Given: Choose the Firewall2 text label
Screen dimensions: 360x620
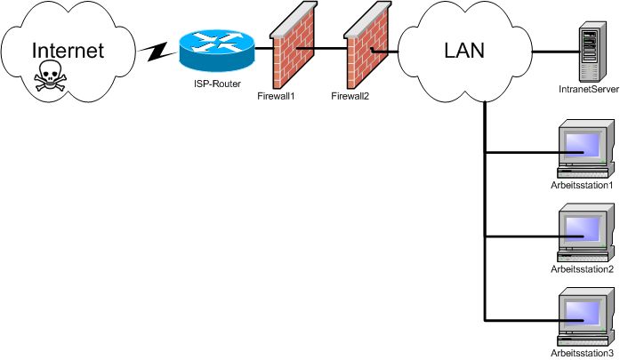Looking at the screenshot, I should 350,96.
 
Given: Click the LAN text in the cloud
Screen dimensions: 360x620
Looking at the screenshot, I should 463,51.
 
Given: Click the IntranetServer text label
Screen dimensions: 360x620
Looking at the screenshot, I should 588,90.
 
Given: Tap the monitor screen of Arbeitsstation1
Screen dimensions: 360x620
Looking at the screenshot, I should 584,144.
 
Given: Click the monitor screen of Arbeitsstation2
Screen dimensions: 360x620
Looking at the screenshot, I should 584,228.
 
